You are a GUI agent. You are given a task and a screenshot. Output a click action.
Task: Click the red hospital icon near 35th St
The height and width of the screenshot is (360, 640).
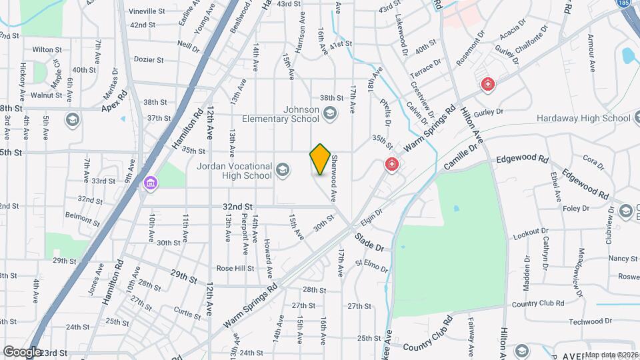[x=391, y=164]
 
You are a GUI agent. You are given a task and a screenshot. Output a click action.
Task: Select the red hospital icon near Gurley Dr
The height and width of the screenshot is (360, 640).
[x=488, y=84]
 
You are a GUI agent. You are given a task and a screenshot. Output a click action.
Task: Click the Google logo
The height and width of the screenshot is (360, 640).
[x=22, y=351]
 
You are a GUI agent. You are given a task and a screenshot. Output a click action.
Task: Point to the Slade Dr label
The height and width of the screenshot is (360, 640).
[x=369, y=241]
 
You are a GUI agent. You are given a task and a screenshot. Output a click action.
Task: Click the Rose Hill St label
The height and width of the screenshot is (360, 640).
[x=235, y=269]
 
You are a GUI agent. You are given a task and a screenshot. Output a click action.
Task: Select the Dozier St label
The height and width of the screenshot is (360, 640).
[x=149, y=59]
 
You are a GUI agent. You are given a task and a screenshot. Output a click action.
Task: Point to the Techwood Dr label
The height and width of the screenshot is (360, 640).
[x=586, y=321]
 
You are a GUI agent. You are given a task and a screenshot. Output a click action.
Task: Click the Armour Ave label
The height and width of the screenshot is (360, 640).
[x=591, y=53]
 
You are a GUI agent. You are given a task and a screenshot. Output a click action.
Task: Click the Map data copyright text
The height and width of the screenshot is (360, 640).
[x=611, y=355]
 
